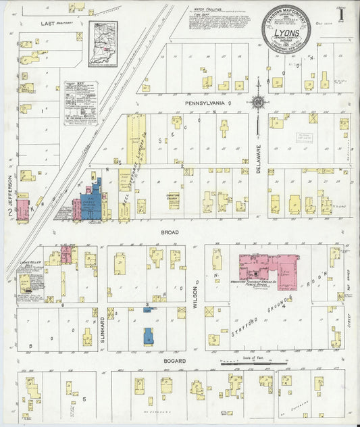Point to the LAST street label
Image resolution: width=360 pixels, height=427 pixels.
click(x=48, y=23)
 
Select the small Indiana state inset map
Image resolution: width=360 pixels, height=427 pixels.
click(x=103, y=45)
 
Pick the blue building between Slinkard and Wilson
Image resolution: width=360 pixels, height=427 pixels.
click(x=148, y=335)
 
